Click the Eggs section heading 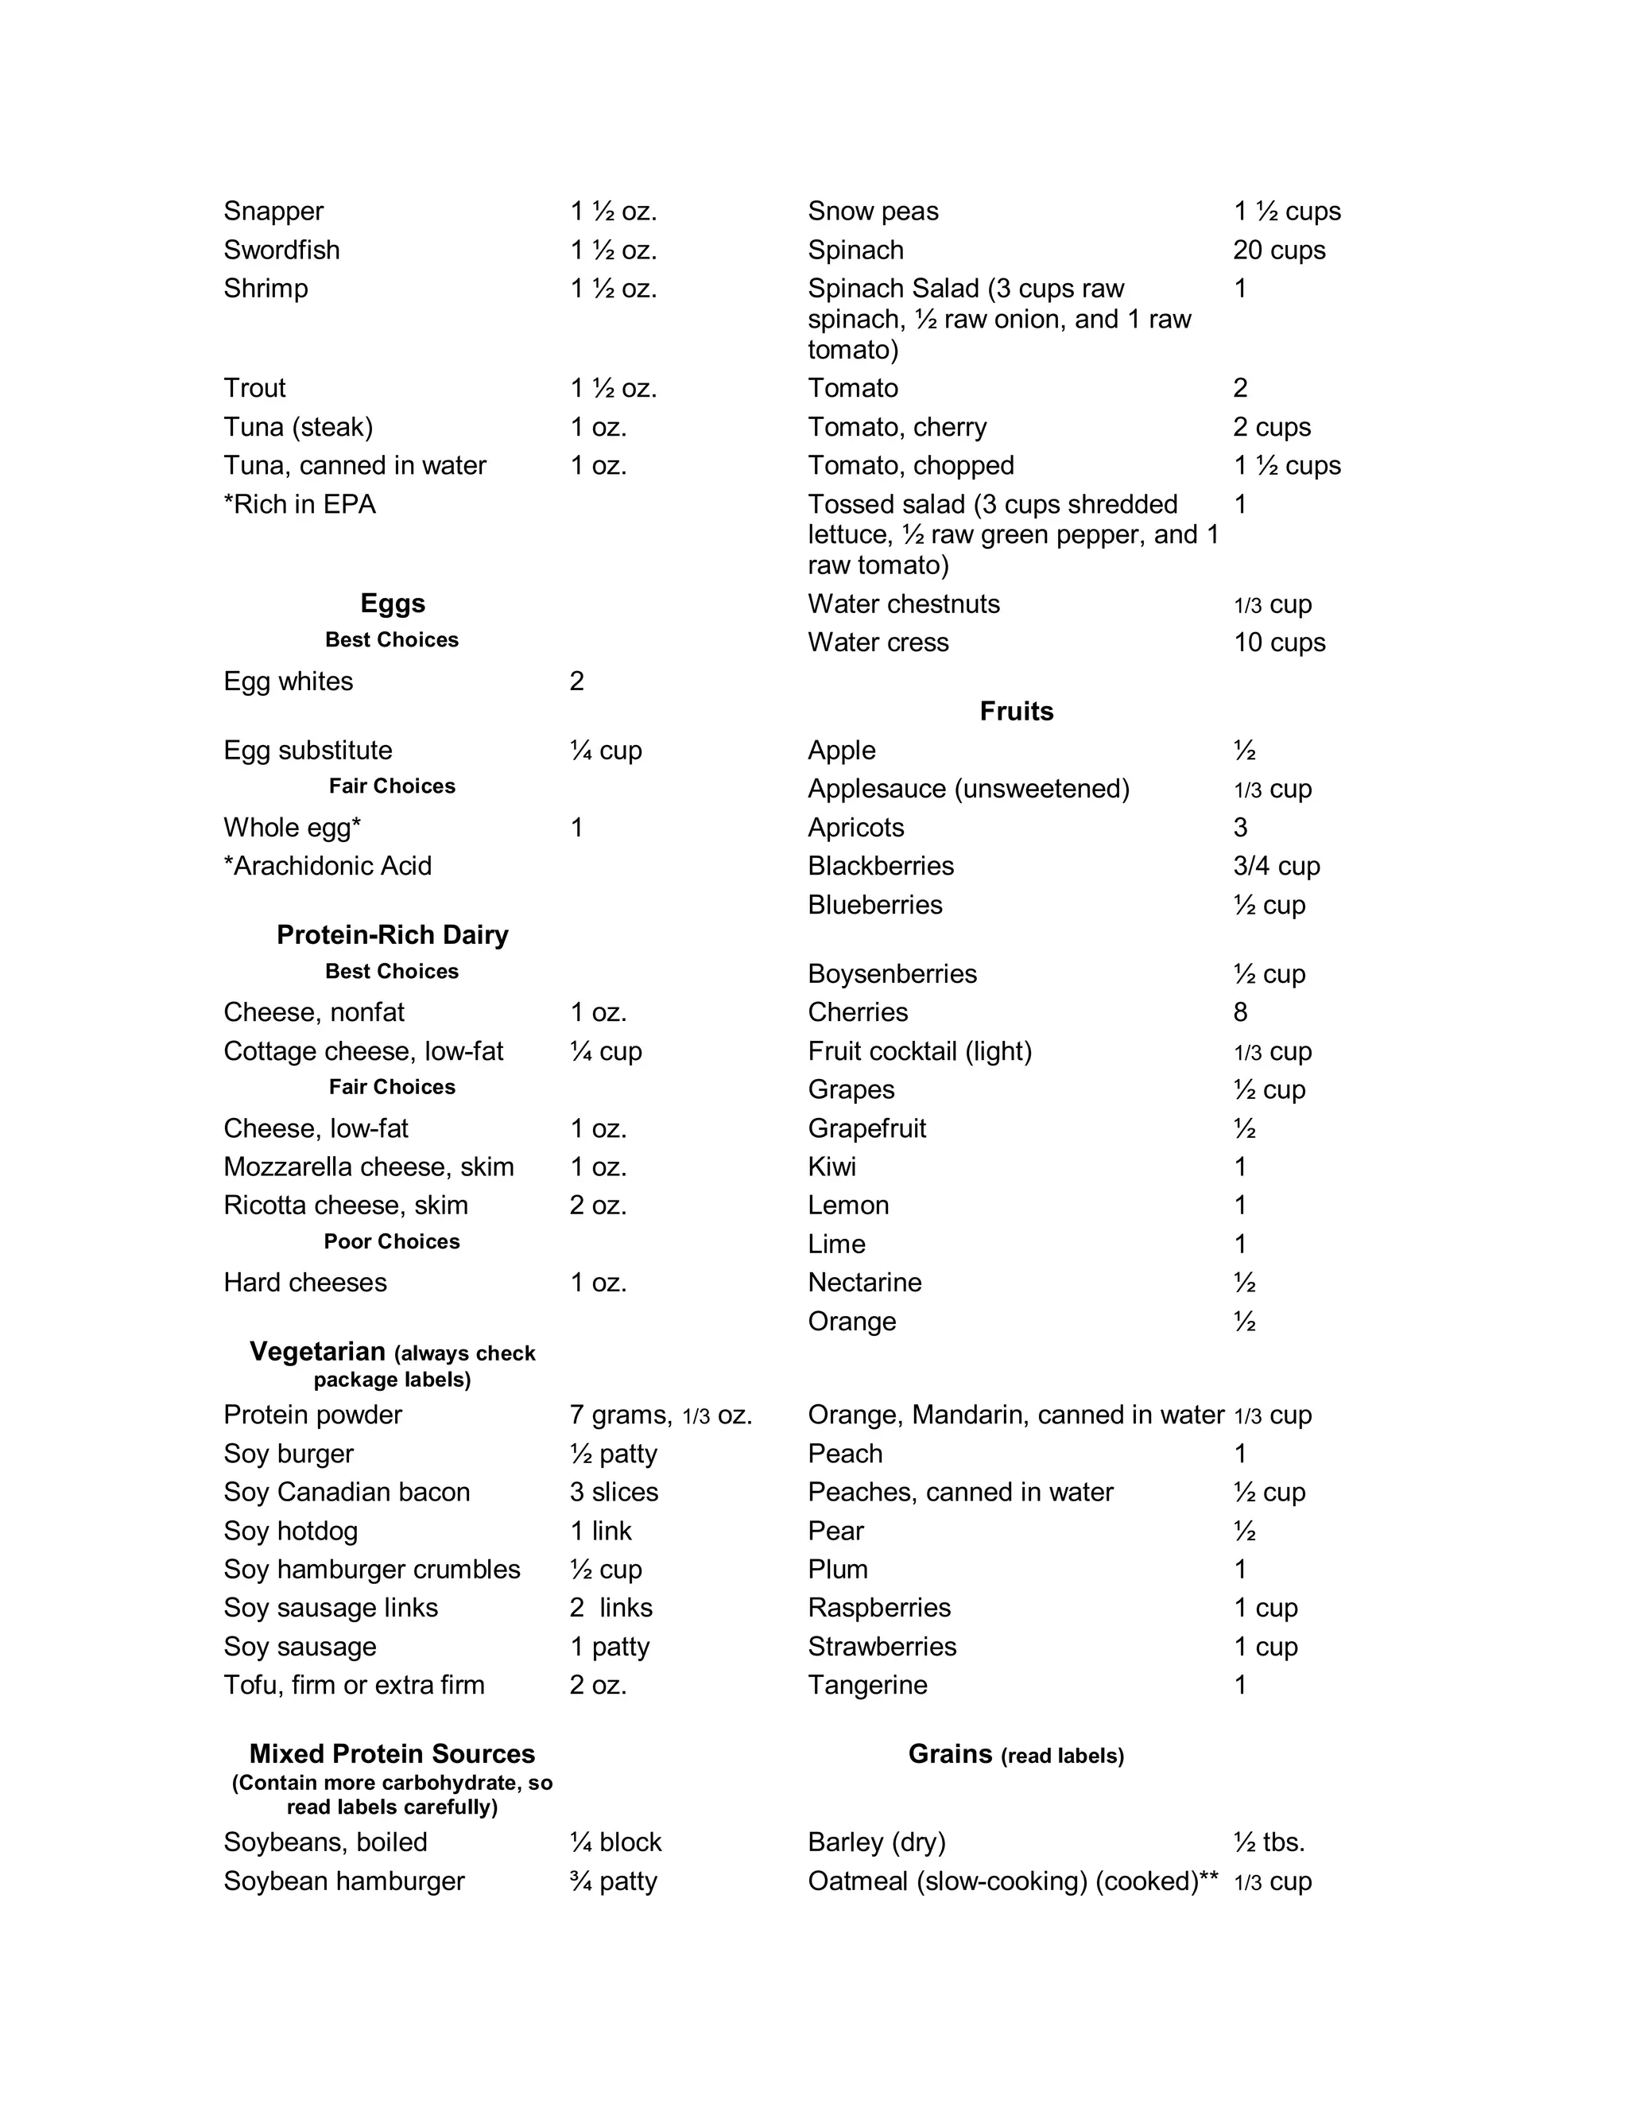(x=392, y=604)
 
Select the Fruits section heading (x=1016, y=712)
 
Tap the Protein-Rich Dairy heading (x=392, y=934)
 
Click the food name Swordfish (x=281, y=250)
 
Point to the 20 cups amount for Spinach (x=1279, y=250)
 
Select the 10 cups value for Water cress (x=1279, y=642)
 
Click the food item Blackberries (x=880, y=866)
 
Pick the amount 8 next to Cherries (x=1240, y=1012)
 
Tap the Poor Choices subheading (x=392, y=1241)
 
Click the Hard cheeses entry (x=305, y=1283)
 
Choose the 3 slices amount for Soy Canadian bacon (x=614, y=1493)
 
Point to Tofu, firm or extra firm (x=355, y=1685)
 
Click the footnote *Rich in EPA (x=299, y=505)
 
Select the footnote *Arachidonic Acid (x=328, y=866)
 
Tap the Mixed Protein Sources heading (x=392, y=1754)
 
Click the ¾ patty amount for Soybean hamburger (x=614, y=1881)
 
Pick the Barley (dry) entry (x=876, y=1842)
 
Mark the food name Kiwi (x=831, y=1167)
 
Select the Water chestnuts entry (x=903, y=604)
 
